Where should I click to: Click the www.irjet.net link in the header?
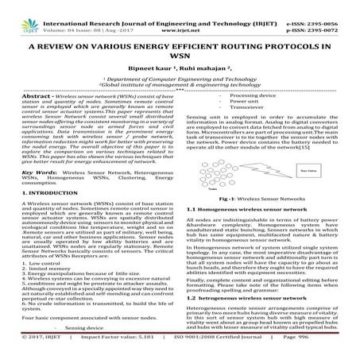click(x=181, y=14)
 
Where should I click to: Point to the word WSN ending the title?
click(x=180, y=47)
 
